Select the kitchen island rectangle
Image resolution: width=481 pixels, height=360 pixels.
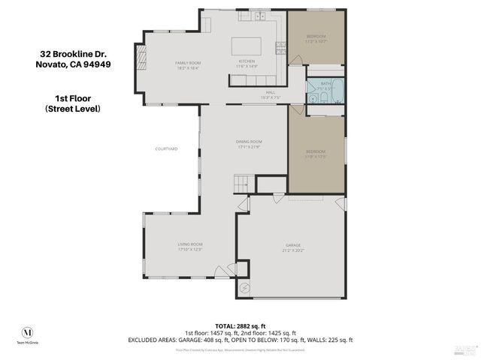246,44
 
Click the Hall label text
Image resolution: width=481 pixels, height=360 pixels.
270,94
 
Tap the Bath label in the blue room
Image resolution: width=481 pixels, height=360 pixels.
325,85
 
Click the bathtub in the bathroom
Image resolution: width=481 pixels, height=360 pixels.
337,91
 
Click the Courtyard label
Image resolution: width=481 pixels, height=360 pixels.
166,149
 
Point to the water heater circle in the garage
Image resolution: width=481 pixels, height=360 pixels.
244,288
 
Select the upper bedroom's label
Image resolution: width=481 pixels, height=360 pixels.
316,38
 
